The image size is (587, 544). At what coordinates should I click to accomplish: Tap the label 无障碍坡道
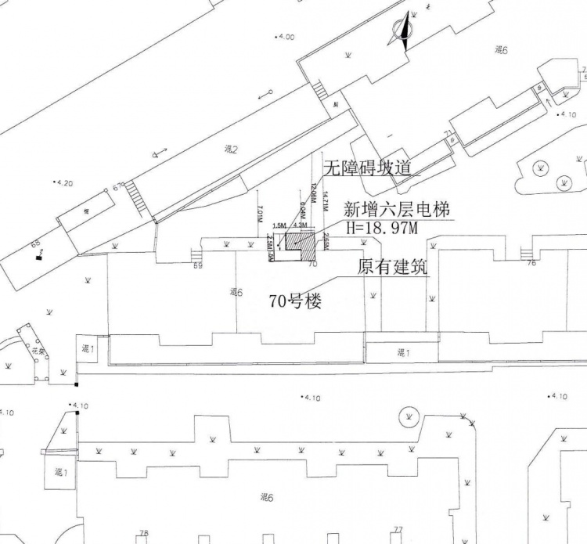(x=367, y=168)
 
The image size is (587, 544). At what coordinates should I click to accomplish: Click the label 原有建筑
(x=392, y=267)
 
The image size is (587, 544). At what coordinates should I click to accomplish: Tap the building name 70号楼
(x=295, y=301)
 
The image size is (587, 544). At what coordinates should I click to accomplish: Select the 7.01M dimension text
(x=259, y=214)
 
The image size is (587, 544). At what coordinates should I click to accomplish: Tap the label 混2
(x=231, y=149)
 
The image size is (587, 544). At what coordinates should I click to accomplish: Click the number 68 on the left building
(x=35, y=244)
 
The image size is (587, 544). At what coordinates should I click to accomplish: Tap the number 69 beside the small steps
(x=197, y=266)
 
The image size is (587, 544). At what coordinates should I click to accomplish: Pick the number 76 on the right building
(x=531, y=263)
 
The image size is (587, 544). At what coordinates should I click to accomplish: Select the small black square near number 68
(x=37, y=258)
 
